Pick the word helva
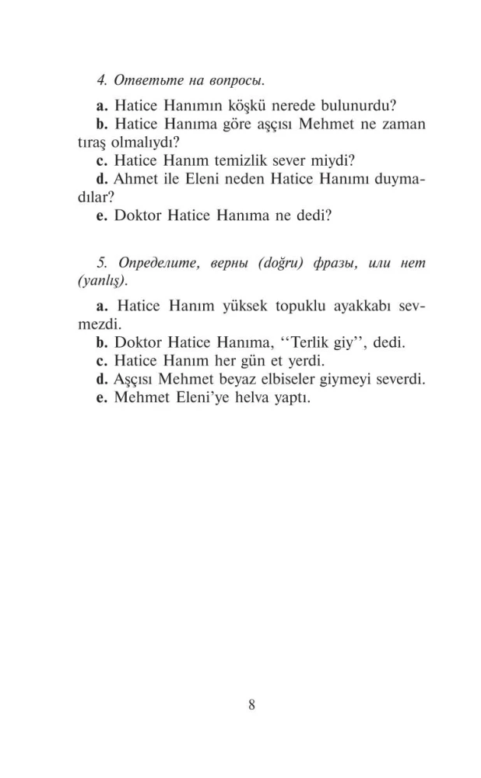click(246, 399)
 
